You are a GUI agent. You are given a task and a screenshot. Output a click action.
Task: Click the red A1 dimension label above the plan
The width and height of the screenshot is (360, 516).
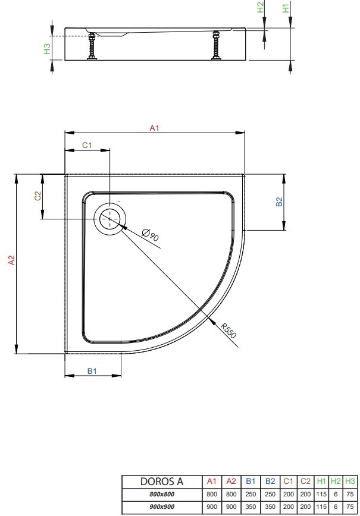click(154, 128)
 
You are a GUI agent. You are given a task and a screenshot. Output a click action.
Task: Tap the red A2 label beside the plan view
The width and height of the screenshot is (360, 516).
click(11, 260)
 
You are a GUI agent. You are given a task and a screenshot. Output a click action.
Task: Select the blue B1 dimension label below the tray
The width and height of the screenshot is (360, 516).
click(92, 371)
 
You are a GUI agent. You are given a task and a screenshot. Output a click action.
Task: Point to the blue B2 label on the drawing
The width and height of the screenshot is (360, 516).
click(279, 202)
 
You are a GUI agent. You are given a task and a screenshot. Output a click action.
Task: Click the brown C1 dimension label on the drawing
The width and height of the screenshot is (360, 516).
click(87, 145)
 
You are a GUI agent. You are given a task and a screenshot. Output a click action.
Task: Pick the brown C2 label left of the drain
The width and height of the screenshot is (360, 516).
click(38, 196)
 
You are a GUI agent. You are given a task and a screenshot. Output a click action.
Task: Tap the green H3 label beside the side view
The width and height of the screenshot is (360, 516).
click(47, 49)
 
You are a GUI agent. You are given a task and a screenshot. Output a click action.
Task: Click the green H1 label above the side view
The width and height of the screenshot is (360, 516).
click(286, 7)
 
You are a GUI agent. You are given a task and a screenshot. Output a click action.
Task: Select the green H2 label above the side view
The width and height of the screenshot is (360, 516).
click(260, 7)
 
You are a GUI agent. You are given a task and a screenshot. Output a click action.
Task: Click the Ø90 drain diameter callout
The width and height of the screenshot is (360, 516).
click(151, 235)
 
